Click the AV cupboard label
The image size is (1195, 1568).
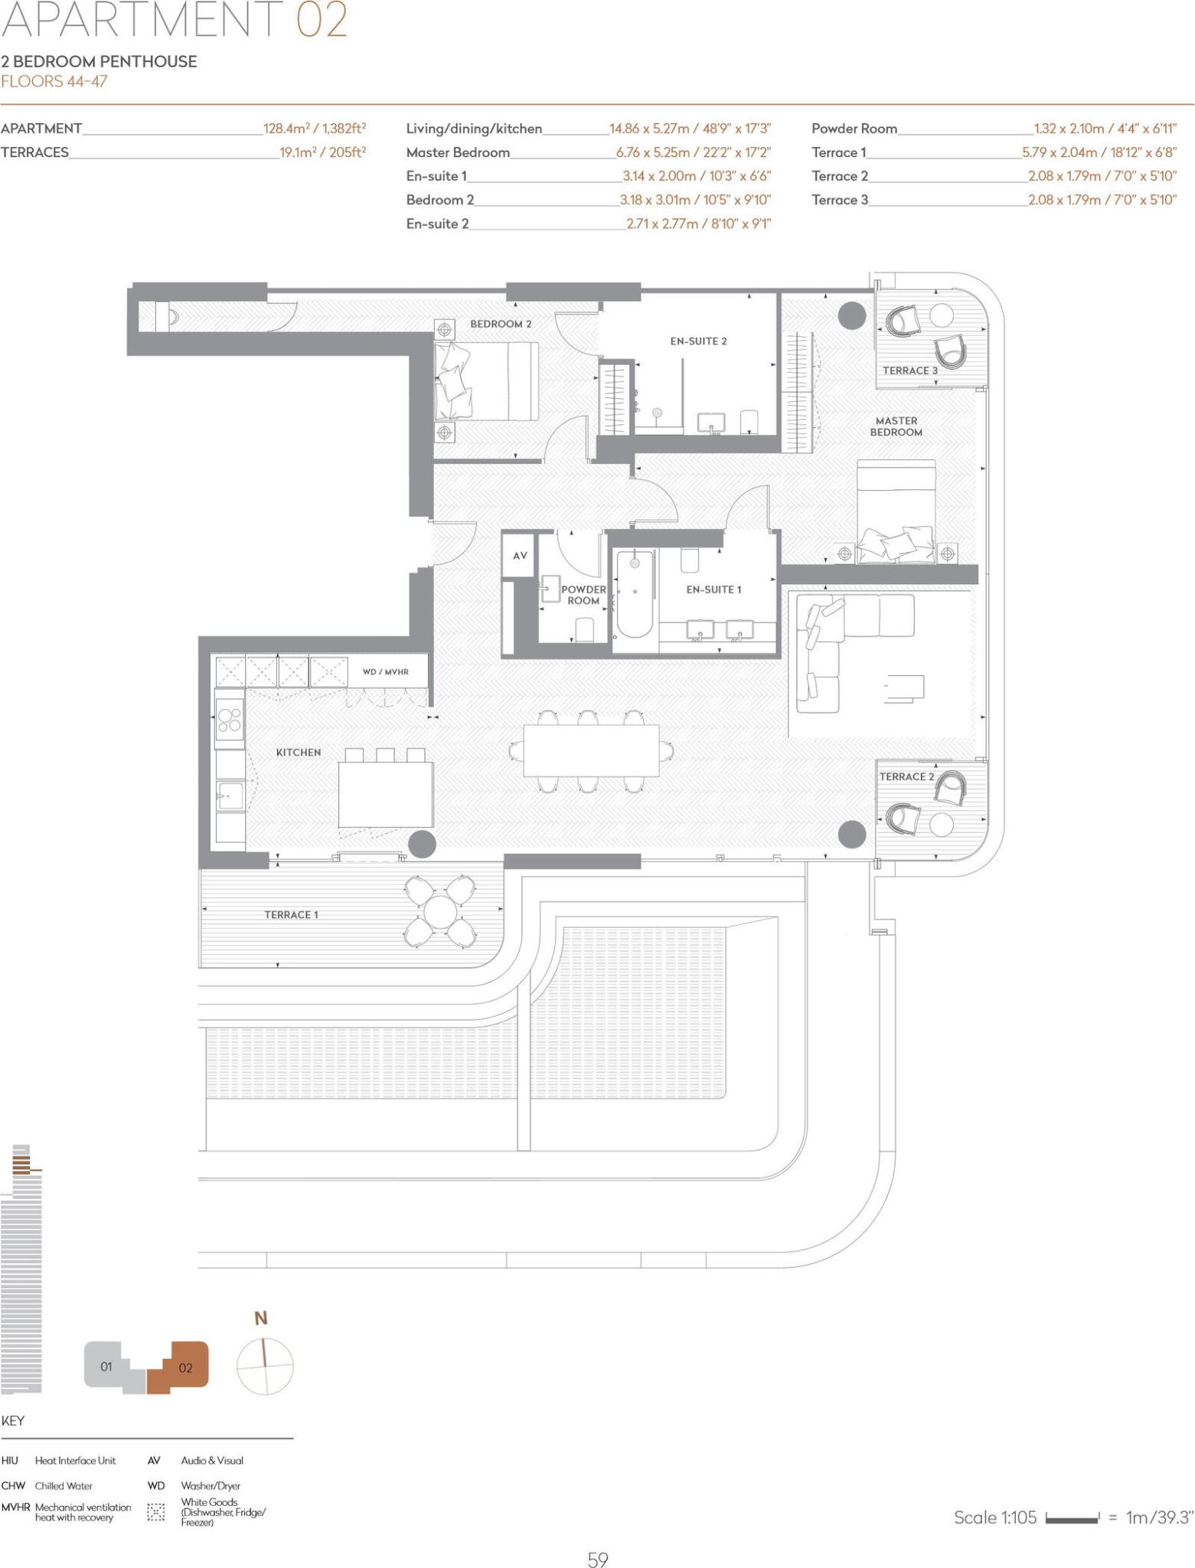[x=520, y=556]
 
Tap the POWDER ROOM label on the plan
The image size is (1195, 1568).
[x=583, y=595]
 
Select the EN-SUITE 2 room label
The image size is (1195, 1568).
[x=698, y=341]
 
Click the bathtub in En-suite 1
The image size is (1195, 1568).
[x=635, y=594]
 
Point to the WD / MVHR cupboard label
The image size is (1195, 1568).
[x=385, y=672]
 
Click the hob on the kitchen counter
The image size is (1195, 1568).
[x=229, y=720]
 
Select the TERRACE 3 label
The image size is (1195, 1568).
[x=909, y=371]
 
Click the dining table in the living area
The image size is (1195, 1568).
[x=591, y=751]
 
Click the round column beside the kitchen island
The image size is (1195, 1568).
[x=422, y=844]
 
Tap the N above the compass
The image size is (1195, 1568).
[x=261, y=1318]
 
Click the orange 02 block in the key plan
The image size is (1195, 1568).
[x=184, y=1367]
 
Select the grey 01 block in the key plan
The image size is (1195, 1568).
[x=107, y=1367]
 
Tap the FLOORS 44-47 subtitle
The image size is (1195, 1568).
[x=54, y=82]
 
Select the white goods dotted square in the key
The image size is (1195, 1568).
[x=156, y=1512]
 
